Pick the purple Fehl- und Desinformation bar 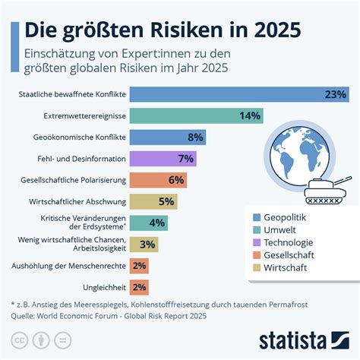point(163,159)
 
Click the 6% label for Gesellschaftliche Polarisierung point(176,180)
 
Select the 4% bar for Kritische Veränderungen point(148,223)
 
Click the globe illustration point(303,156)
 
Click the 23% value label point(333,95)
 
